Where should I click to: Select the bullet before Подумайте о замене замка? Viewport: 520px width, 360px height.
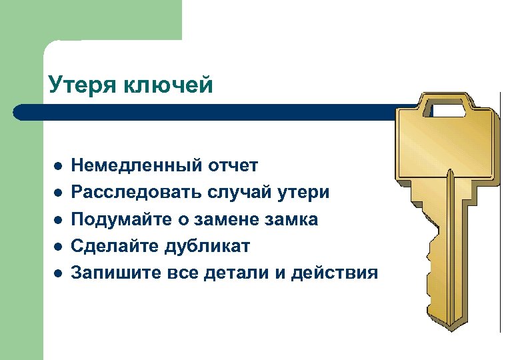coord(58,220)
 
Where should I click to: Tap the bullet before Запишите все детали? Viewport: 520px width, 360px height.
coord(58,273)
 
